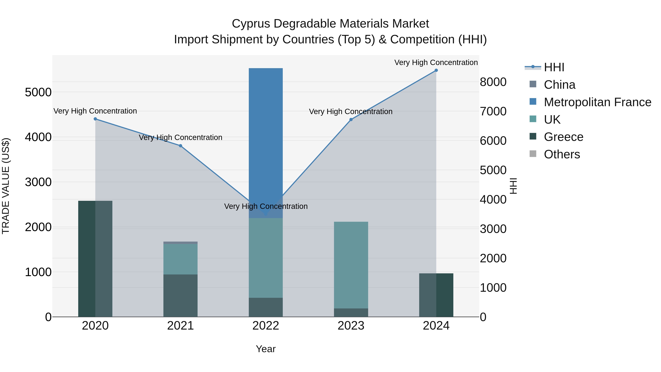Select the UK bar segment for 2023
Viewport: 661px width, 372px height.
[351, 264]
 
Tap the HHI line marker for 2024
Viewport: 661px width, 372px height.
[436, 70]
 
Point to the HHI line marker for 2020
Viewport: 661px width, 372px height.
[95, 119]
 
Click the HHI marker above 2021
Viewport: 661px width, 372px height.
[180, 146]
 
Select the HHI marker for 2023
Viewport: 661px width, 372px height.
[351, 120]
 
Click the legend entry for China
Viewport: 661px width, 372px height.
[559, 85]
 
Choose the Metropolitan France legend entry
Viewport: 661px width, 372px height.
[597, 102]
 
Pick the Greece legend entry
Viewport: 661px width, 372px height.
[563, 137]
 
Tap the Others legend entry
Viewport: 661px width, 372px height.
[562, 154]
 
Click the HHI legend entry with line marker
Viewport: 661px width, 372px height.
[554, 67]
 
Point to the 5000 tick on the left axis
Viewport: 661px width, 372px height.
[38, 92]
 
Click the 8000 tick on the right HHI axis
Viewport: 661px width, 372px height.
[493, 82]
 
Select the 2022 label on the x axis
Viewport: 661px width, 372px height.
[266, 326]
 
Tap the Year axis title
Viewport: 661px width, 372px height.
[266, 349]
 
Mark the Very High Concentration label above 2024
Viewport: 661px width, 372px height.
[436, 62]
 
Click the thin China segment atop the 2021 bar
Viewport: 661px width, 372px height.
[180, 243]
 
